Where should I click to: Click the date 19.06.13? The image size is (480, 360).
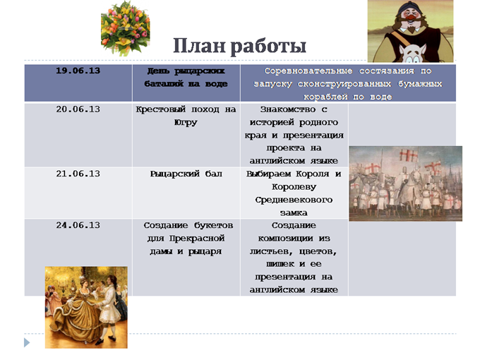point(78,71)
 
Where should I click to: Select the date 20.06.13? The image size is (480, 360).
point(78,109)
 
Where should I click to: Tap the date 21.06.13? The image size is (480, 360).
point(78,174)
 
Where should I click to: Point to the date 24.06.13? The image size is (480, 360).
point(78,225)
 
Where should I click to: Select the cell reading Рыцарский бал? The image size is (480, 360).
point(186,174)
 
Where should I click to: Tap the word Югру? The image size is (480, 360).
point(186,123)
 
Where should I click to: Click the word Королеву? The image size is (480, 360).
point(294,187)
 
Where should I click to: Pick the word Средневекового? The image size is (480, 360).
point(294,200)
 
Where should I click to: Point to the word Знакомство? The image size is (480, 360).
point(288,109)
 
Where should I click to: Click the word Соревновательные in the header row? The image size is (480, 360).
point(308,71)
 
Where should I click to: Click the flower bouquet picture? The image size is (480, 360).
point(126,28)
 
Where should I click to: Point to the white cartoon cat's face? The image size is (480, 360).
point(412,54)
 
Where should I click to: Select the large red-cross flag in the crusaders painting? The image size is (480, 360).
point(409,155)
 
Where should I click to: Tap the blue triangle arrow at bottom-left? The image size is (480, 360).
point(27,342)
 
